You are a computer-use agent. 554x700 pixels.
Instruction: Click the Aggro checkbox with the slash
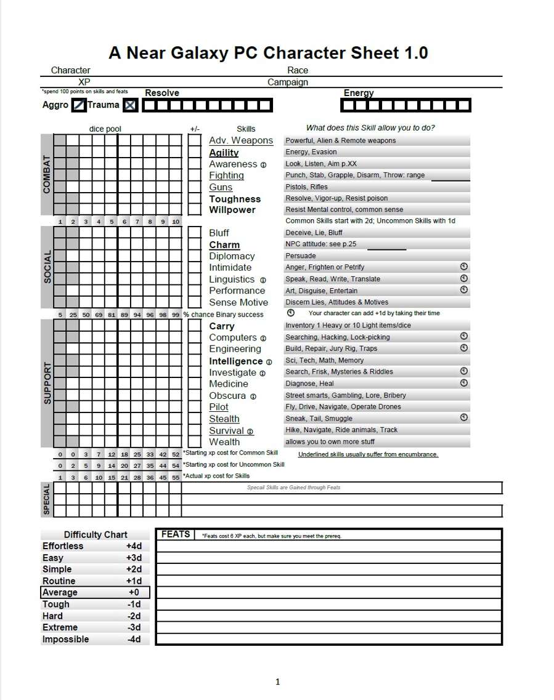[x=79, y=105]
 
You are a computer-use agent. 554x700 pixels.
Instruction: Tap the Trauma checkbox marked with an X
[x=130, y=105]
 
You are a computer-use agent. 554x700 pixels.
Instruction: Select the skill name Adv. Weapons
[x=240, y=140]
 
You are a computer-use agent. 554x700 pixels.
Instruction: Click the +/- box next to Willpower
[x=195, y=210]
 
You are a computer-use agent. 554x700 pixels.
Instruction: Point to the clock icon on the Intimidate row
[x=464, y=267]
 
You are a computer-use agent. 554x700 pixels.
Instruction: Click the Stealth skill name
[x=224, y=419]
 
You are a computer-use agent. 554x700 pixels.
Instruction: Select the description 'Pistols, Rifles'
[x=306, y=187]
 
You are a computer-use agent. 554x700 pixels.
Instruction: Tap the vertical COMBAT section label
[x=47, y=175]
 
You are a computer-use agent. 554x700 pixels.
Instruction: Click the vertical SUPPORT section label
[x=47, y=384]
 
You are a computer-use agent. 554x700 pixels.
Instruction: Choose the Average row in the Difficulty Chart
[x=95, y=592]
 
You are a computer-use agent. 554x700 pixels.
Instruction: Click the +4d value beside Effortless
[x=134, y=546]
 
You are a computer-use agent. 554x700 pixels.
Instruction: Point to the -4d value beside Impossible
[x=134, y=639]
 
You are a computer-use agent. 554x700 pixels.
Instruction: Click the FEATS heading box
[x=175, y=534]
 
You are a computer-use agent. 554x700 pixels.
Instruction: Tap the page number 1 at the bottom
[x=277, y=682]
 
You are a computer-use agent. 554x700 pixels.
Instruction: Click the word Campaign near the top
[x=287, y=82]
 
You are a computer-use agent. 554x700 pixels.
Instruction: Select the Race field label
[x=297, y=70]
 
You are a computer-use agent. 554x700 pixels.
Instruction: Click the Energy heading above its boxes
[x=359, y=93]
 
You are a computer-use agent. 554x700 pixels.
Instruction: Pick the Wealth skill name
[x=224, y=441]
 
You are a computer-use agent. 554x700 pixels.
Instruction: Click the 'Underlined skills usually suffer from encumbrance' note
[x=368, y=454]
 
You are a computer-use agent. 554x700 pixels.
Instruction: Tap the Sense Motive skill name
[x=238, y=302]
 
